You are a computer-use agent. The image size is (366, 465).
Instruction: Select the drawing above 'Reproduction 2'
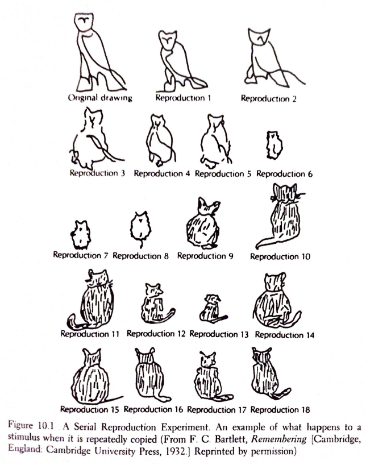263,57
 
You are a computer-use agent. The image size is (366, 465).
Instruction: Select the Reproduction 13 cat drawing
213,308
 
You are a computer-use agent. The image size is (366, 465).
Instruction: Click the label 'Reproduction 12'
156,334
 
